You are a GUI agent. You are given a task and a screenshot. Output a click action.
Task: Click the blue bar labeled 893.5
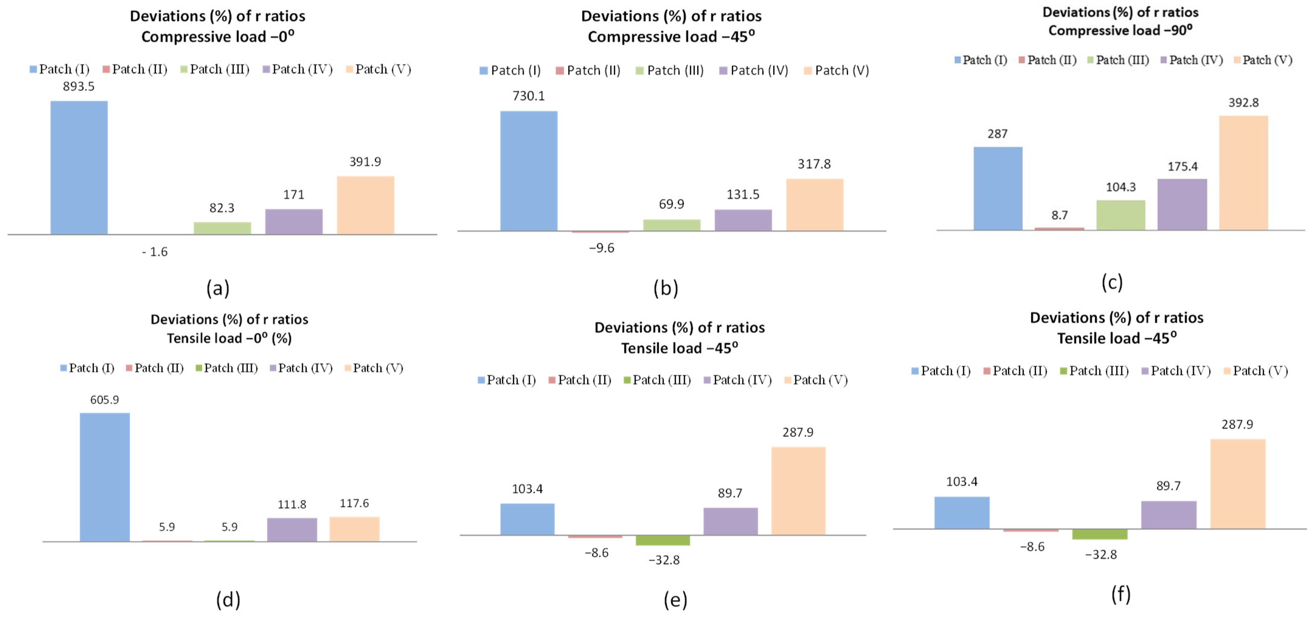coord(79,168)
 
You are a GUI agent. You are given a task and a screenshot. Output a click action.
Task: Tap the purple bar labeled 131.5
coord(743,220)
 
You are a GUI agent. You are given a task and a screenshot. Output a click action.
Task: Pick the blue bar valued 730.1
coord(528,171)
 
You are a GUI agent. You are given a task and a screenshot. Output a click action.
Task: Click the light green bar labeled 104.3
coord(1121,215)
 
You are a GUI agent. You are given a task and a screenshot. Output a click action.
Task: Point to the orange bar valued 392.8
coord(1244,173)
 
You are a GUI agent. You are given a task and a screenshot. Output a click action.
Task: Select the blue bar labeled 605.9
coord(105,477)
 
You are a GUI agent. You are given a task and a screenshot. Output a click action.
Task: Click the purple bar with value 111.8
coord(292,530)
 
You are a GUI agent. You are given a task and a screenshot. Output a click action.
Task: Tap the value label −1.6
coord(155,252)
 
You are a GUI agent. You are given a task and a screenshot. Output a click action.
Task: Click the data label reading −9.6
coord(601,248)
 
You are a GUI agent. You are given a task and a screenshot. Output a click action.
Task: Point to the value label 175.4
coord(1183,167)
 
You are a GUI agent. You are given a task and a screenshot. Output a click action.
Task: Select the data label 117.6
coord(354,503)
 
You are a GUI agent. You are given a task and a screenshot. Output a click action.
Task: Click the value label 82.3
coord(222,208)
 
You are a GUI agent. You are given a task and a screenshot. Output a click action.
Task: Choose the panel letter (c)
coord(1112,282)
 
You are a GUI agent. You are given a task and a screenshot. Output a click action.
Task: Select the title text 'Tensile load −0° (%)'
coord(229,338)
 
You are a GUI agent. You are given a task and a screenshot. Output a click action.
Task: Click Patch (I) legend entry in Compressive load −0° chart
coord(60,69)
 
